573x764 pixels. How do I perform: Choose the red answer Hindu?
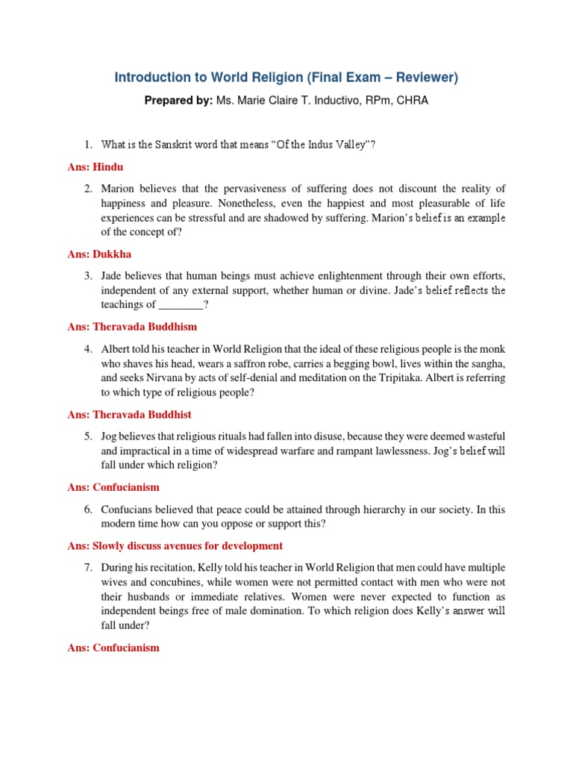pos(108,166)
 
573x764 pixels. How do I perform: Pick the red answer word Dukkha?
pos(112,254)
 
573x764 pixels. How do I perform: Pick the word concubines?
pos(162,583)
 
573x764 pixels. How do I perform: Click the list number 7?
pos(87,568)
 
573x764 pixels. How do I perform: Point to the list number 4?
pos(87,349)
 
